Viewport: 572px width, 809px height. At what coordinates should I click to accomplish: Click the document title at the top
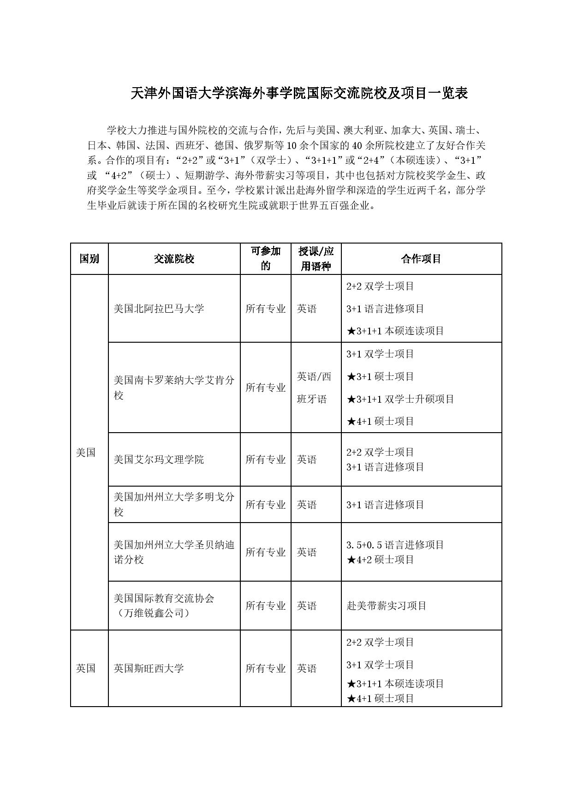coord(299,94)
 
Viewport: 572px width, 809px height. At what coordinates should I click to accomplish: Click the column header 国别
coord(89,259)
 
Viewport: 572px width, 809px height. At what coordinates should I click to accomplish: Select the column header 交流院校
coord(174,259)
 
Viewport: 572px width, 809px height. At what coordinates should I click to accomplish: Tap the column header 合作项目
coord(421,259)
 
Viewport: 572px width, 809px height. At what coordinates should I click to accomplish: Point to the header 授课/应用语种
coord(316,259)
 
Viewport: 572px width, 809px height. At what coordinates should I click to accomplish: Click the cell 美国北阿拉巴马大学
coord(159,309)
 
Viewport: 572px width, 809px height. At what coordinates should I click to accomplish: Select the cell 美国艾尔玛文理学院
coord(159,459)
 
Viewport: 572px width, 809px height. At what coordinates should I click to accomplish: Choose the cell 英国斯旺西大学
coord(149,668)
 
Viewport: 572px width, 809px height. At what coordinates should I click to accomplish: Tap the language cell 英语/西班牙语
coord(314,387)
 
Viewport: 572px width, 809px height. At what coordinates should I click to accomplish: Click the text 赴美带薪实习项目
coord(387,606)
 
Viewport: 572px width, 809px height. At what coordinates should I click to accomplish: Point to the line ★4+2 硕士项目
coord(380,560)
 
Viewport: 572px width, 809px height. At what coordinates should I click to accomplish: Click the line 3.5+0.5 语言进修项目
coord(395,545)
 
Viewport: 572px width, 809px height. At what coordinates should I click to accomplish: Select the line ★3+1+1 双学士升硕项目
coord(400,399)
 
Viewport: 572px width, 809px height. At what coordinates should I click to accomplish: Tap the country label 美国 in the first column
coord(86,452)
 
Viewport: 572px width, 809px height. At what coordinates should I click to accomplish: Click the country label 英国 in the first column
coord(86,668)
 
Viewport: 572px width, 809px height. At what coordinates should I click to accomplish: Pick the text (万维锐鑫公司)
coord(152,613)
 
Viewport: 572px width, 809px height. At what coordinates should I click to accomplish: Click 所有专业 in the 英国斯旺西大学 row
coord(266,668)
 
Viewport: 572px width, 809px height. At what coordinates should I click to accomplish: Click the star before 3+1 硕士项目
coord(351,377)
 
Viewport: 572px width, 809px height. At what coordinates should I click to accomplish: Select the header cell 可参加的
coord(266,259)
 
